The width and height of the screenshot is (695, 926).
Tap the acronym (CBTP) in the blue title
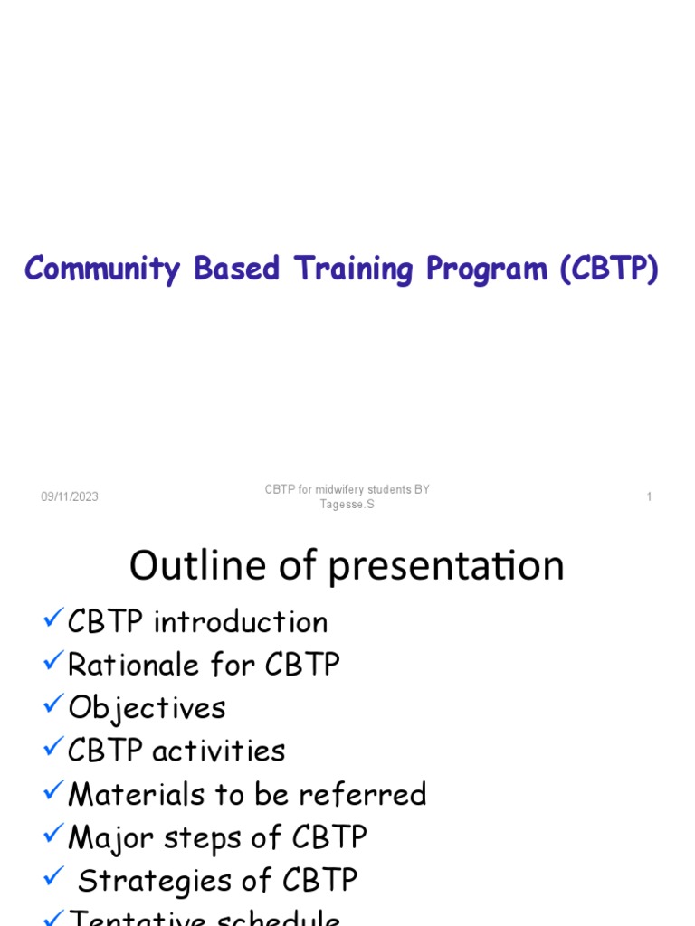(x=608, y=269)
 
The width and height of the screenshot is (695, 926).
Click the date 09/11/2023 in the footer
(x=70, y=497)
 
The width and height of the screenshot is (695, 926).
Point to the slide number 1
(x=649, y=497)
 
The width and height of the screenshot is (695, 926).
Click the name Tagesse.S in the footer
(x=347, y=505)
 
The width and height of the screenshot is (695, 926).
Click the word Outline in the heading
(x=186, y=566)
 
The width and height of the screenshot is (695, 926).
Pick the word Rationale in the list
(x=133, y=666)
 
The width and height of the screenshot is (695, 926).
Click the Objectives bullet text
(x=147, y=708)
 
